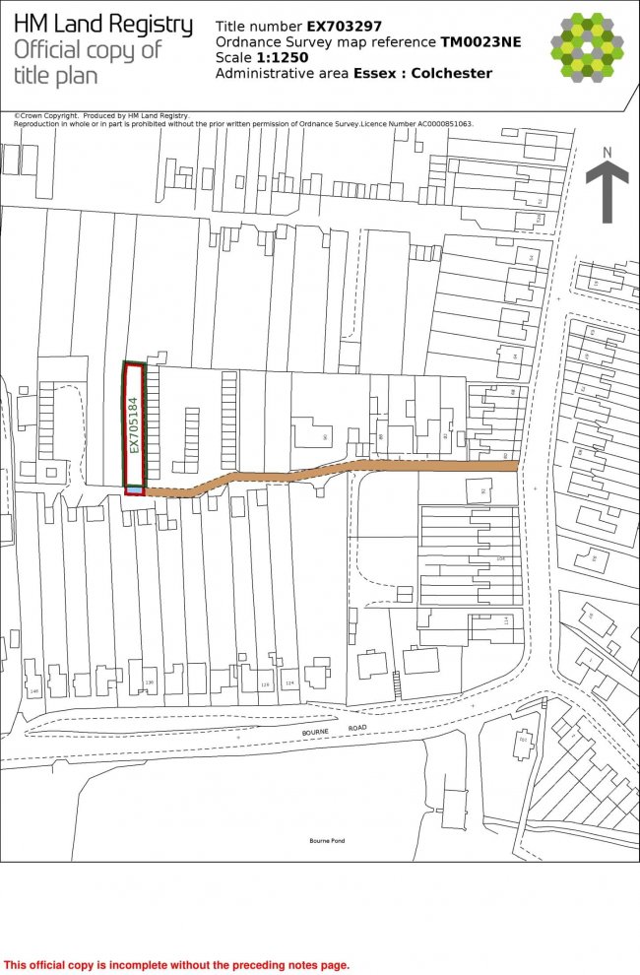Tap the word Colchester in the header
(x=452, y=73)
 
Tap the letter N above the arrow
(x=608, y=152)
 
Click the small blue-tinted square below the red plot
(x=134, y=488)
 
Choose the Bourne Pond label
(x=327, y=840)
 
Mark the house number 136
(x=150, y=682)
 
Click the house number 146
(x=34, y=692)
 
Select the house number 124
(x=289, y=682)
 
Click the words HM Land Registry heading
(x=103, y=25)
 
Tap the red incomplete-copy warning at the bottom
(x=177, y=965)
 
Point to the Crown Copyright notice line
(x=101, y=116)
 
